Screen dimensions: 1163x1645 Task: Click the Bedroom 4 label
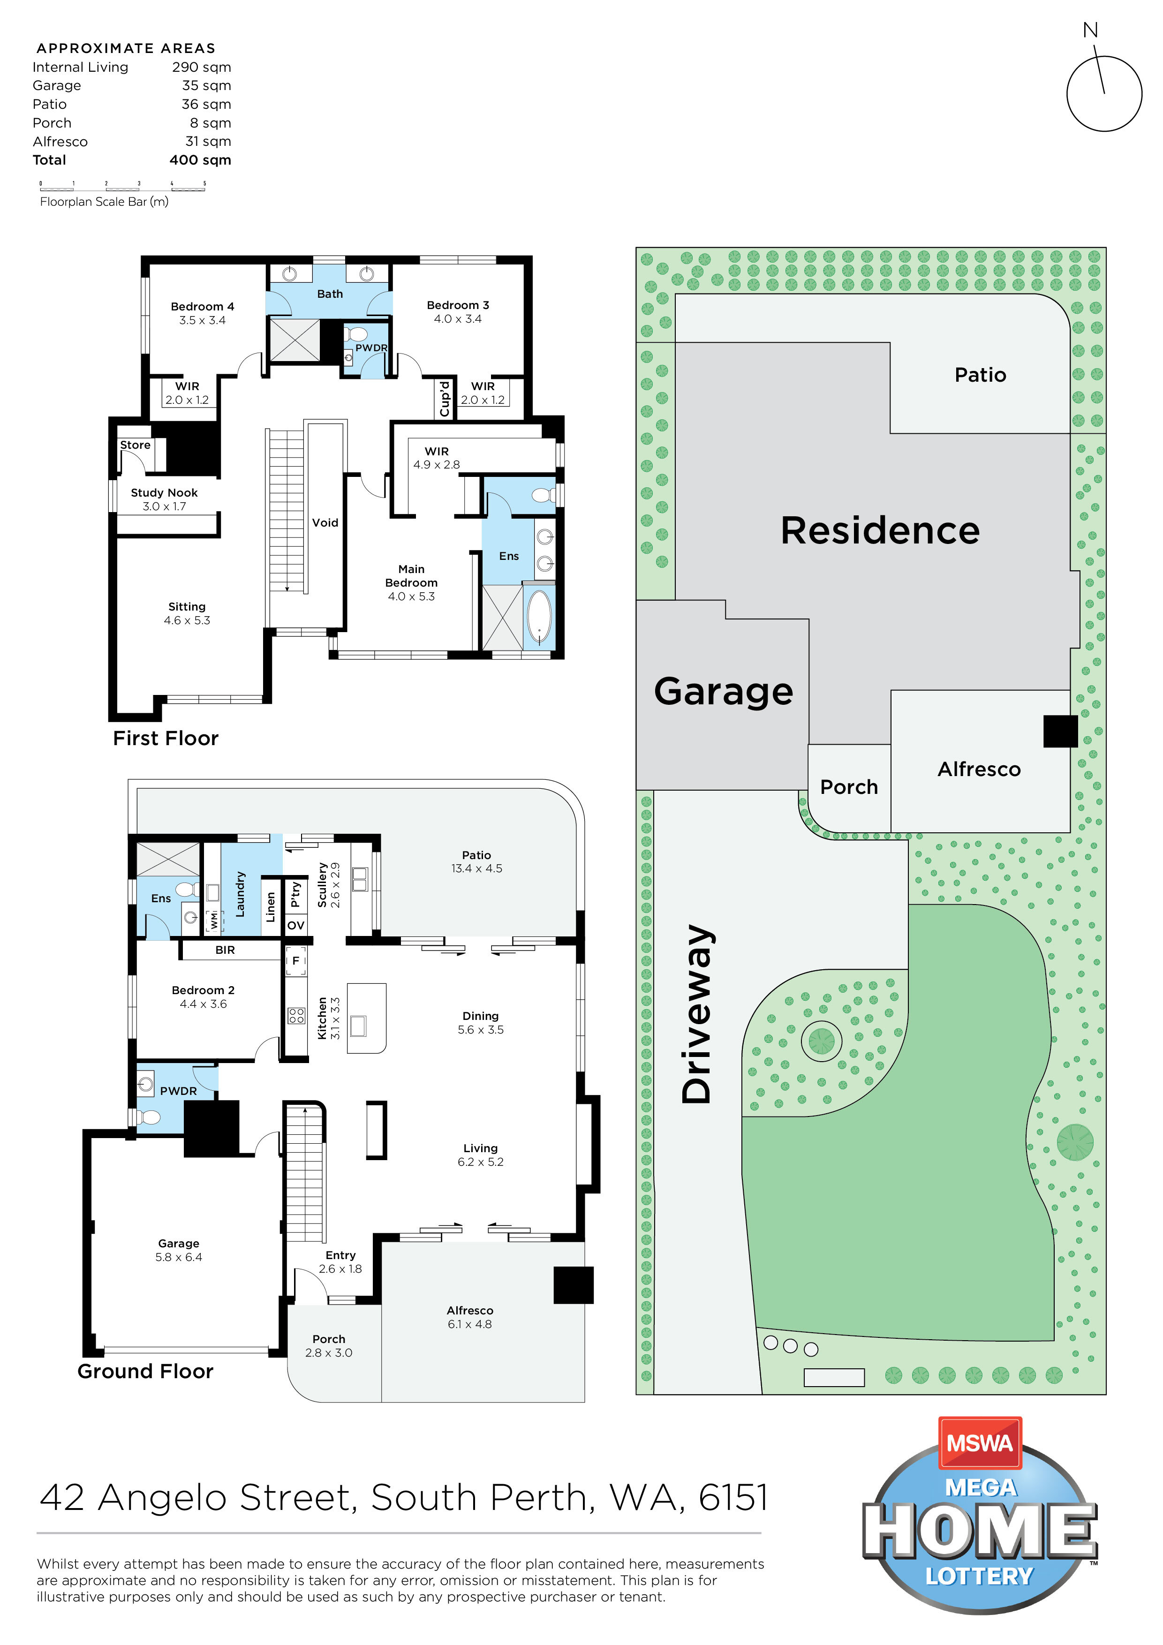[x=202, y=307]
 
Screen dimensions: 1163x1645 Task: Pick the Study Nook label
[x=164, y=493]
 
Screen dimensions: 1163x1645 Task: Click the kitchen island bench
[x=366, y=1018]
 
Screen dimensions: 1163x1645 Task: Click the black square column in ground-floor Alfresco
[x=573, y=1285]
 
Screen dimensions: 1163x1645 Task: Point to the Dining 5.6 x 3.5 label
[x=480, y=1023]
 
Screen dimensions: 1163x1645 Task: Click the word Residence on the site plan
[x=880, y=530]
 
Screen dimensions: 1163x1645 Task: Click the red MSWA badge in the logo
[x=980, y=1442]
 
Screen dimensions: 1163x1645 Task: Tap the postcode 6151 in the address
[x=733, y=1498]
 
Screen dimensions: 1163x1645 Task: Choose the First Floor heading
[x=166, y=738]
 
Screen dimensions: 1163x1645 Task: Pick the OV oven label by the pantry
[x=295, y=926]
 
